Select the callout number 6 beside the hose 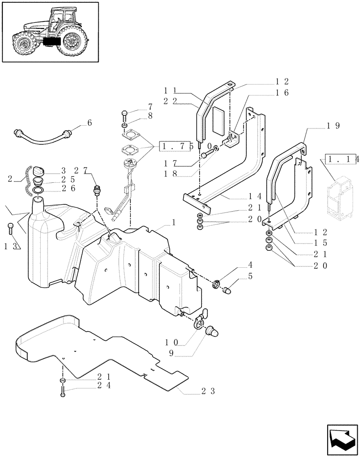click(x=90, y=123)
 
